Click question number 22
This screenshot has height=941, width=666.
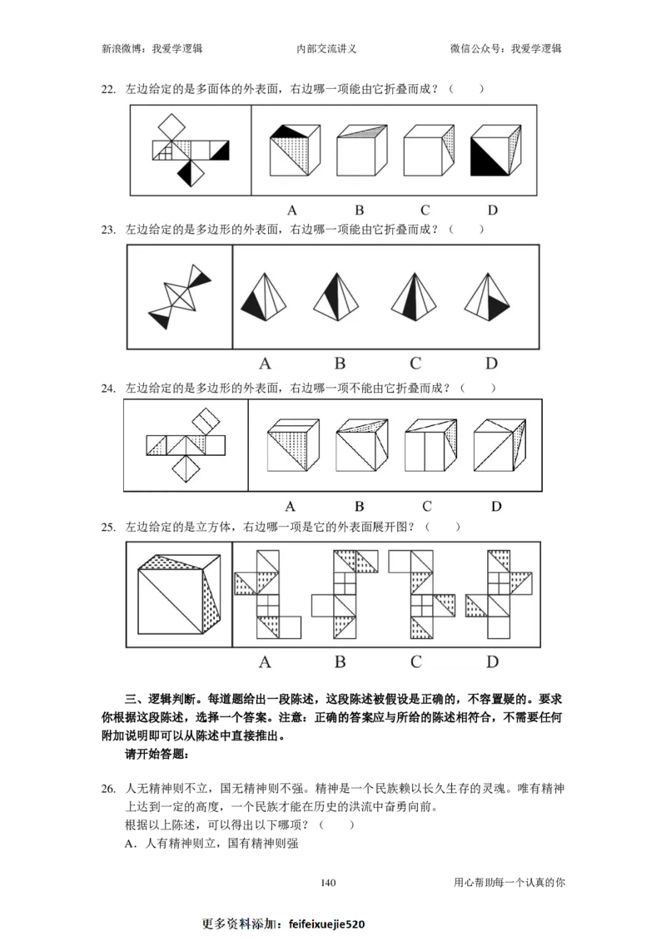pyautogui.click(x=108, y=89)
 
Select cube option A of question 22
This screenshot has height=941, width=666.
pyautogui.click(x=294, y=150)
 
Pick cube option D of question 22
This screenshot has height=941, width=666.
pyautogui.click(x=495, y=150)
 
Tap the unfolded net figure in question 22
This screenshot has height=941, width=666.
pyautogui.click(x=191, y=150)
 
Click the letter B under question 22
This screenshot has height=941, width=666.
pyautogui.click(x=359, y=210)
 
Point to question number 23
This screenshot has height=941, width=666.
pyautogui.click(x=108, y=230)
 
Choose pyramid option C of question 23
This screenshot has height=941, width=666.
pyautogui.click(x=414, y=297)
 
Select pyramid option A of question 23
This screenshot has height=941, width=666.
pyautogui.click(x=264, y=297)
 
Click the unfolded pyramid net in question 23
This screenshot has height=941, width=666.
pyautogui.click(x=180, y=296)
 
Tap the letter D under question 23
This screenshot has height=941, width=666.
pyautogui.click(x=491, y=363)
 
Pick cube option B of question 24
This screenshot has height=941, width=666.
pyautogui.click(x=361, y=445)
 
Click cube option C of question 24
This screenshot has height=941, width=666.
pyautogui.click(x=430, y=445)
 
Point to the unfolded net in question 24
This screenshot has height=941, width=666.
pyautogui.click(x=186, y=445)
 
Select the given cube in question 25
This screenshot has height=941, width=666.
pyautogui.click(x=179, y=594)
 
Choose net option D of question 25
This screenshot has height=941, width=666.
pyautogui.click(x=499, y=594)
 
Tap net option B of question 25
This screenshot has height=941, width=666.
pyautogui.click(x=345, y=594)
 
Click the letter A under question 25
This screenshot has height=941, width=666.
pyautogui.click(x=265, y=662)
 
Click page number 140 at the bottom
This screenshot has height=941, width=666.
pyautogui.click(x=328, y=882)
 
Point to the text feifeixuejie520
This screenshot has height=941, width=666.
pyautogui.click(x=326, y=924)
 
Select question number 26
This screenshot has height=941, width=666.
pyautogui.click(x=108, y=790)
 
